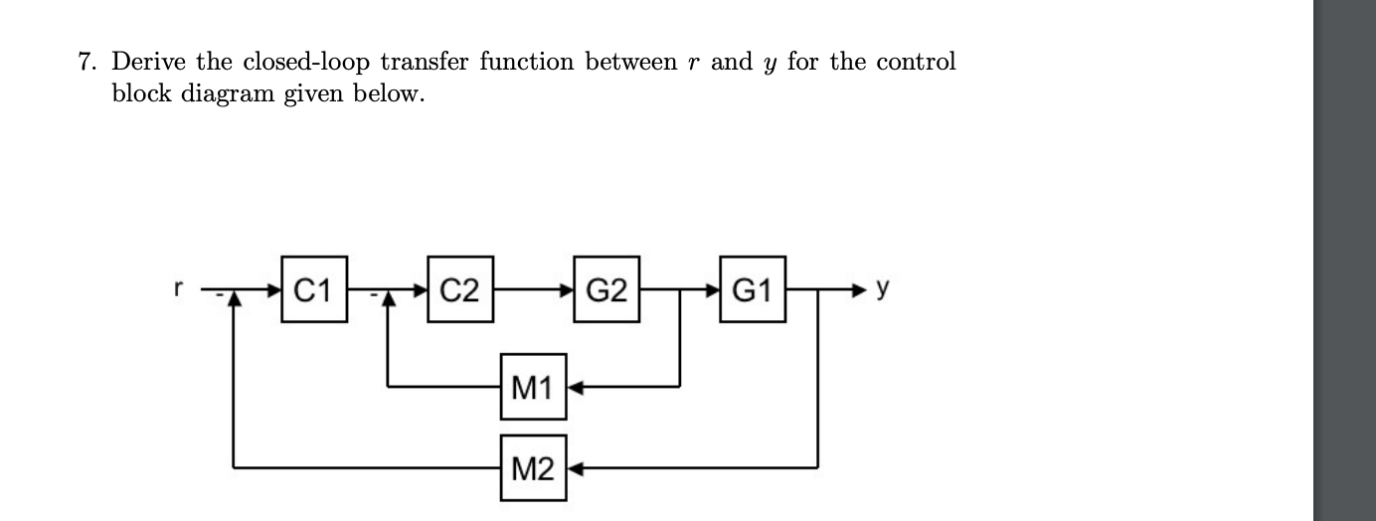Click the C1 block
[x=314, y=290]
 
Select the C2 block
[x=460, y=290]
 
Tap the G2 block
[x=606, y=290]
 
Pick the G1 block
[x=752, y=290]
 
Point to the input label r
[x=179, y=289]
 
